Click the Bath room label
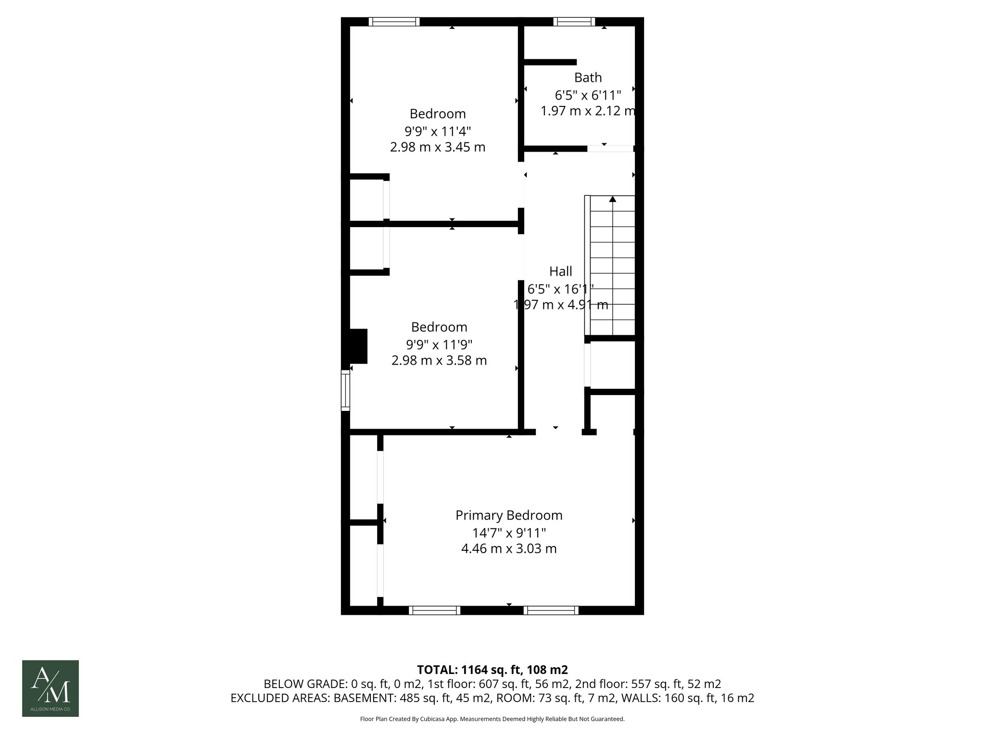(x=588, y=77)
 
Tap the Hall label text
(x=560, y=271)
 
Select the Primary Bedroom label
(x=509, y=515)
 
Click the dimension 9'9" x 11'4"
(x=437, y=131)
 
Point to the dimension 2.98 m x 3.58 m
(x=439, y=360)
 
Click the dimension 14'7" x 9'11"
(x=509, y=533)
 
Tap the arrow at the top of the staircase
(x=612, y=199)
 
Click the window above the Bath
(x=574, y=21)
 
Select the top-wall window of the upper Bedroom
(x=394, y=21)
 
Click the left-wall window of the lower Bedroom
(x=345, y=390)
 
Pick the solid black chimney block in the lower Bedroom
(x=358, y=346)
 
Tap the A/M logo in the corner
(x=51, y=688)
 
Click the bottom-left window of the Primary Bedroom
(x=434, y=610)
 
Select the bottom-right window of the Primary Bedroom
(x=551, y=610)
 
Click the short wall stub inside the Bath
(x=550, y=62)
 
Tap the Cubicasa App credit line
(x=492, y=719)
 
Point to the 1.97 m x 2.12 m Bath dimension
(x=588, y=111)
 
